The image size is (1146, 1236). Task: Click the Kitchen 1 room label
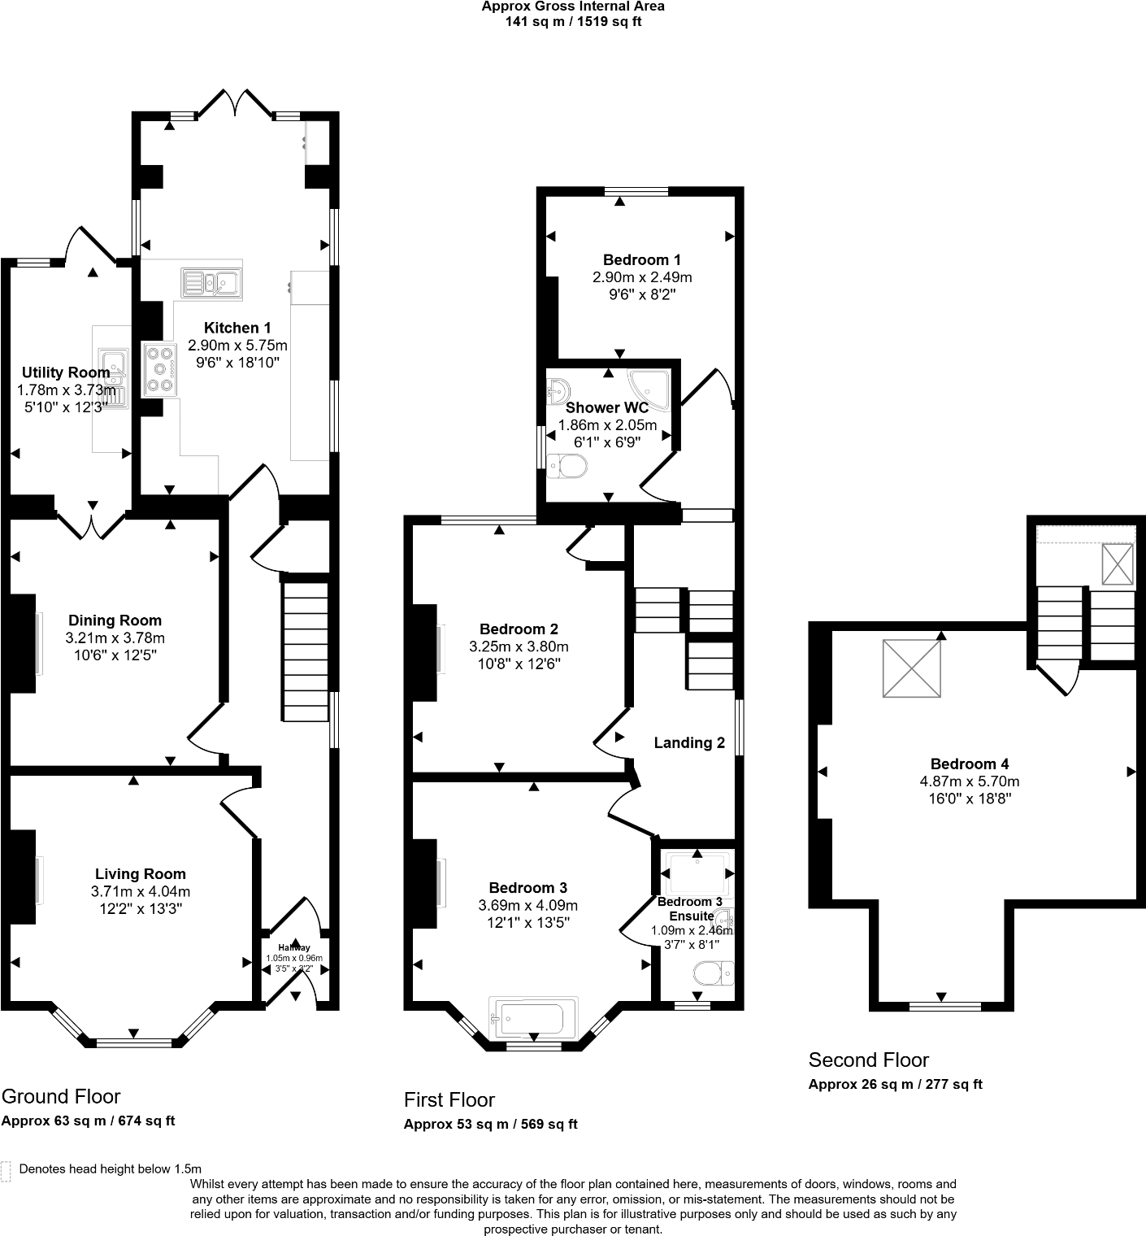232,328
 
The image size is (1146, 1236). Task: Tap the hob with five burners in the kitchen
159,369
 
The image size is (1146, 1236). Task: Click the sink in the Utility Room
112,378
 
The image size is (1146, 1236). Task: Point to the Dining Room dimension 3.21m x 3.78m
115,638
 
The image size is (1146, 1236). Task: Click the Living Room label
140,874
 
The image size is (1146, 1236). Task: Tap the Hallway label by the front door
293,947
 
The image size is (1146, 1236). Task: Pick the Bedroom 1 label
642,260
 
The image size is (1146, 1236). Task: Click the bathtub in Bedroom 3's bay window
532,1016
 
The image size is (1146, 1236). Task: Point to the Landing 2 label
689,742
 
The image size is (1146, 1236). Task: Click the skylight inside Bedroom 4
913,668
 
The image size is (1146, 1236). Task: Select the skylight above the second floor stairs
1117,564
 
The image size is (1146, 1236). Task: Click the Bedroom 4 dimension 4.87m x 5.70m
969,781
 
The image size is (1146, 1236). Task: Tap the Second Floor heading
868,1060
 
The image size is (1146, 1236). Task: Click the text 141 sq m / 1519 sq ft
573,22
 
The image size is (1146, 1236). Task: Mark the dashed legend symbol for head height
7,1171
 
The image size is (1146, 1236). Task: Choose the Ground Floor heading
61,1096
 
